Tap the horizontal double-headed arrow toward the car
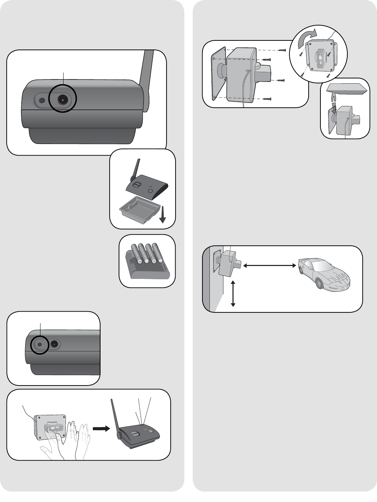(269, 266)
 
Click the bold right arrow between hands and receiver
(101, 429)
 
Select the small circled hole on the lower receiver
(39, 344)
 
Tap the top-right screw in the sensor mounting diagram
(282, 51)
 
